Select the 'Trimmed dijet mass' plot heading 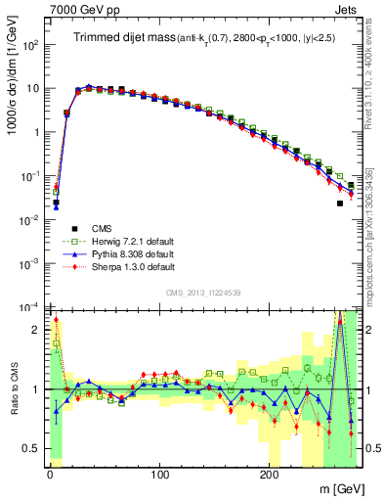pos(124,37)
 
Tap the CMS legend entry pos(101,227)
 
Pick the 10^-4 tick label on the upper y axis pos(30,307)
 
